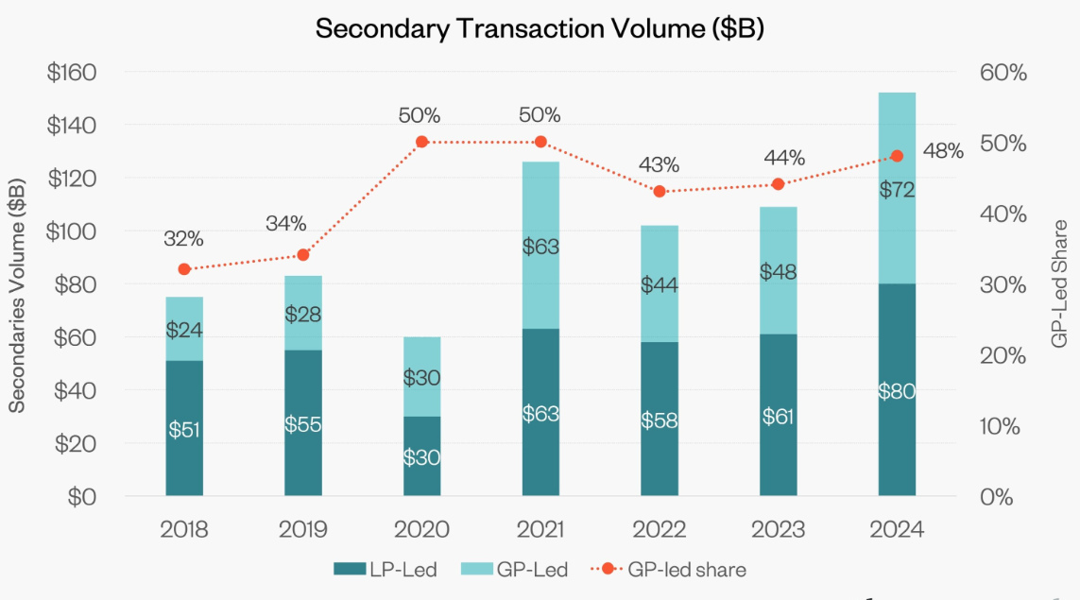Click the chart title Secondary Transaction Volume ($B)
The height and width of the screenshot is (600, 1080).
click(540, 28)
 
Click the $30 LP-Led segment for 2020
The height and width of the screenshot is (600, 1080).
click(422, 455)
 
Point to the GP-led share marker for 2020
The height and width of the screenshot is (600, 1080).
click(422, 142)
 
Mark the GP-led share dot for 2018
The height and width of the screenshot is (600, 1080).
click(184, 269)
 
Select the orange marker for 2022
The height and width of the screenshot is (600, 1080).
click(660, 192)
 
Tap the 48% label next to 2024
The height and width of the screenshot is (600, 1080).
click(943, 151)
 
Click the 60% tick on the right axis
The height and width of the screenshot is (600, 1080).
click(1002, 73)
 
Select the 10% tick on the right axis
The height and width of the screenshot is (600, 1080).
click(1001, 426)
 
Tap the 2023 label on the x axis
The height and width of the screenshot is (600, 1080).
click(778, 529)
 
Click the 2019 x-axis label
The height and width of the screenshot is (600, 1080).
click(303, 529)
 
